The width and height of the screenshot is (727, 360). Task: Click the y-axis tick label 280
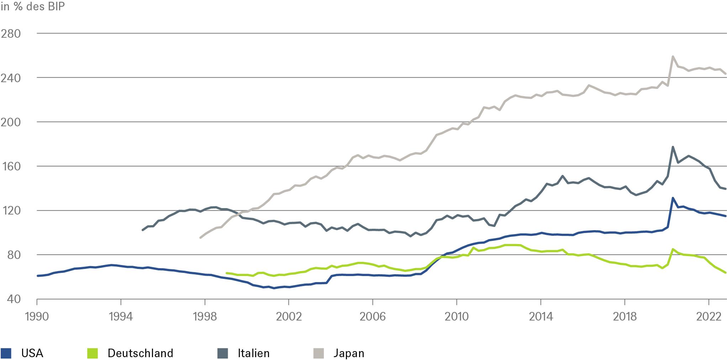[11, 34]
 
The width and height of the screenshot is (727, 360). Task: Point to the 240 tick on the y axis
[11, 78]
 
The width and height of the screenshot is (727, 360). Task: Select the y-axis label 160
[11, 166]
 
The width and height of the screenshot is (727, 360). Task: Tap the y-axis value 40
[14, 299]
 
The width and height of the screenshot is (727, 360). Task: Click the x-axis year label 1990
[37, 316]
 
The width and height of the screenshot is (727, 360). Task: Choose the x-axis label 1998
[205, 316]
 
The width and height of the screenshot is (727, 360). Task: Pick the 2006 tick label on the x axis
[373, 316]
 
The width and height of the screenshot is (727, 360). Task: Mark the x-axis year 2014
[541, 316]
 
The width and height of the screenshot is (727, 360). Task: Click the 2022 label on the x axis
[708, 316]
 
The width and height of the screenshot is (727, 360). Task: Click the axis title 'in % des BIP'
[33, 6]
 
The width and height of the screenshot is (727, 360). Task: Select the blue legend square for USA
[6, 353]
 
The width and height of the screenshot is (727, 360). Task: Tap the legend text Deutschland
[140, 353]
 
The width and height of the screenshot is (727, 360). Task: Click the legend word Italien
[253, 353]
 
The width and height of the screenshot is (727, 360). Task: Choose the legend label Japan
[349, 353]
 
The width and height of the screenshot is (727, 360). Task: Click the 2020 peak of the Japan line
[673, 57]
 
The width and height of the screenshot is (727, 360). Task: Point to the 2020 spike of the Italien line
[673, 147]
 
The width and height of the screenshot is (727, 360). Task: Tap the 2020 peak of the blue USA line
[673, 198]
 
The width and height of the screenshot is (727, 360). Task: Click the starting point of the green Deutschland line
[226, 273]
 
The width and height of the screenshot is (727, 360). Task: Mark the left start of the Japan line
[200, 238]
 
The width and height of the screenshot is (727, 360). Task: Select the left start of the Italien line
[143, 230]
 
